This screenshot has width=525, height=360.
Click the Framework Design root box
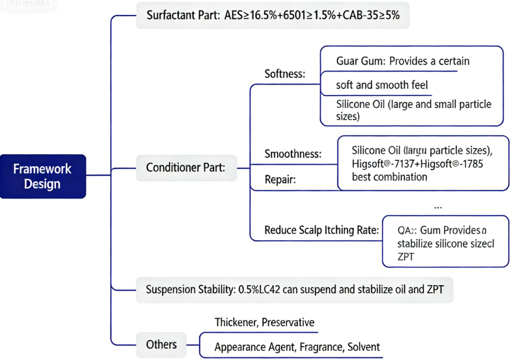43,176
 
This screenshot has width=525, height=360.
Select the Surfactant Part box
273,15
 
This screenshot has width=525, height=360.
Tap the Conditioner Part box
185,168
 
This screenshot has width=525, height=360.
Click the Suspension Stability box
294,289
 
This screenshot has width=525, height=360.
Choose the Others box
161,344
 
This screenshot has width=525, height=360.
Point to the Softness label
285,74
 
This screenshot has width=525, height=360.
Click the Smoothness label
293,154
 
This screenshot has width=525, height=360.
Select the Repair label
280,179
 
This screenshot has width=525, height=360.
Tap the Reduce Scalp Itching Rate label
321,230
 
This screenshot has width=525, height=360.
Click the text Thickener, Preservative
264,322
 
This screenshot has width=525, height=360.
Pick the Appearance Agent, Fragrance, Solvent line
297,347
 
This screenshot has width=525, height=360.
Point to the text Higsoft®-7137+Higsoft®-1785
416,163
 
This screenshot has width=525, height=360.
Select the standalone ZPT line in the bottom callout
407,256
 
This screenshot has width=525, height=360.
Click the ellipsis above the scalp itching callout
437,206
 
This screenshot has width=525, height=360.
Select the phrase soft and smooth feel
382,85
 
